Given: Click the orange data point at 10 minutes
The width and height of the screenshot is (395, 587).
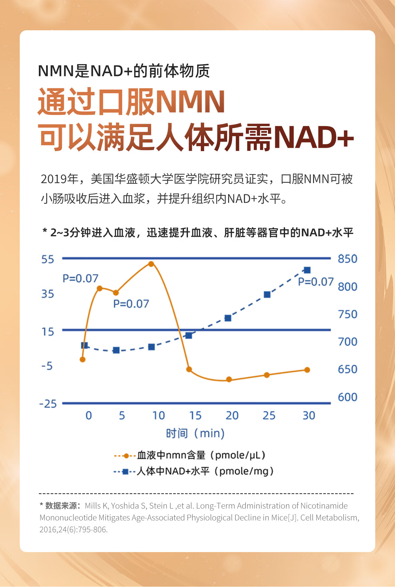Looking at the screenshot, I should click(x=151, y=264).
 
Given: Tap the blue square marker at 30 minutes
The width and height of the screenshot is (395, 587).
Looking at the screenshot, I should click(x=307, y=270).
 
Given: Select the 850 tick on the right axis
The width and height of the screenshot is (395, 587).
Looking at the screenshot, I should click(x=347, y=259).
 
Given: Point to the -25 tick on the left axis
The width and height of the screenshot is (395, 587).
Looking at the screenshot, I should click(x=48, y=404).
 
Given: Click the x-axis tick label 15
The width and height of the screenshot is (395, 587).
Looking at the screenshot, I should click(x=195, y=416).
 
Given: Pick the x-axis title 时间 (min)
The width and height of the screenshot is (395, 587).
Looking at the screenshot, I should click(x=195, y=434).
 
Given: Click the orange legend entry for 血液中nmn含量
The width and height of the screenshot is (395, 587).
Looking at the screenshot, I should click(x=190, y=456).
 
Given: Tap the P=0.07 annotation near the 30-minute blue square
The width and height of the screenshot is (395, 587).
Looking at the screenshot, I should click(x=316, y=282).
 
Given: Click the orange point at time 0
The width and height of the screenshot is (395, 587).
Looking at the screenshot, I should click(x=83, y=360).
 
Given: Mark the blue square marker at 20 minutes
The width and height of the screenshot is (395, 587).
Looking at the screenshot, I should click(x=228, y=318).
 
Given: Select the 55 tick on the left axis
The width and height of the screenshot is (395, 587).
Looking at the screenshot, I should click(x=48, y=259).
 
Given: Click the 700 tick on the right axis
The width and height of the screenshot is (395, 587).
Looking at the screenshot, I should click(x=347, y=342).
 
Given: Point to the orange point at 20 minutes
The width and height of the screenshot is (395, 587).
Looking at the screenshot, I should click(x=229, y=380).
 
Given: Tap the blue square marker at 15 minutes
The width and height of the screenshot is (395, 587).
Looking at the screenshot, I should click(x=189, y=336).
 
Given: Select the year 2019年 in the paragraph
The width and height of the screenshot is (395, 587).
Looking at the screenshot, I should click(x=59, y=179).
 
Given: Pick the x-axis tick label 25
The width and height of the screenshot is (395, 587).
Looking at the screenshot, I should click(x=269, y=416).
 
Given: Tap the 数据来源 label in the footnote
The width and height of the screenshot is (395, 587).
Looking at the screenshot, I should click(x=61, y=506).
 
